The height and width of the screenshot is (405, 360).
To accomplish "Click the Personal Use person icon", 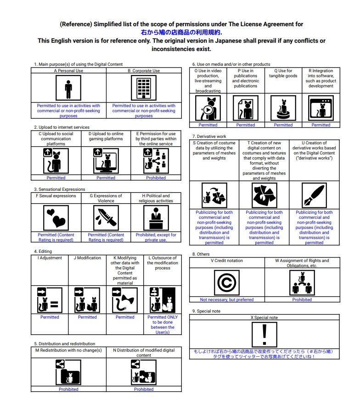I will [68, 87].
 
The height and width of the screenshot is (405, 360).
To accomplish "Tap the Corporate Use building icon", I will [144, 87].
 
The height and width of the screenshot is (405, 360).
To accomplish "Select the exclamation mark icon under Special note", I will [264, 334].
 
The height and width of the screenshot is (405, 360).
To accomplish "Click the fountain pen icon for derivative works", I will [314, 195].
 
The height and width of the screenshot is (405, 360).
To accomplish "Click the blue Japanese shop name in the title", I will [181, 32].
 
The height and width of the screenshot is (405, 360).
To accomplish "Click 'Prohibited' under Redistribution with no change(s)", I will [68, 389].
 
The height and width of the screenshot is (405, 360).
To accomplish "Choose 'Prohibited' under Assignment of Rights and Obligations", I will [302, 299].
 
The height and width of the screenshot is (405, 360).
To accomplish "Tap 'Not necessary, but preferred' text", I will [227, 299].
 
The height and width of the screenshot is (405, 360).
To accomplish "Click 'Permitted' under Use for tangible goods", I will [283, 125].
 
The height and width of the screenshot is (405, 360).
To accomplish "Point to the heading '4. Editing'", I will [43, 251].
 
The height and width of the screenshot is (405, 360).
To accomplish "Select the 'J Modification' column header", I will [87, 258].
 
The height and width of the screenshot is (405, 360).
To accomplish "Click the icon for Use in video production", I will [208, 108].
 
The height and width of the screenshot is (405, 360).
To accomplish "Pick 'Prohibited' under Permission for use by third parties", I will [156, 177].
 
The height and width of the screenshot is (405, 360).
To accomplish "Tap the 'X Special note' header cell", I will [264, 318].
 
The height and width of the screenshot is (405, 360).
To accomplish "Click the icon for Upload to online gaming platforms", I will [106, 160].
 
